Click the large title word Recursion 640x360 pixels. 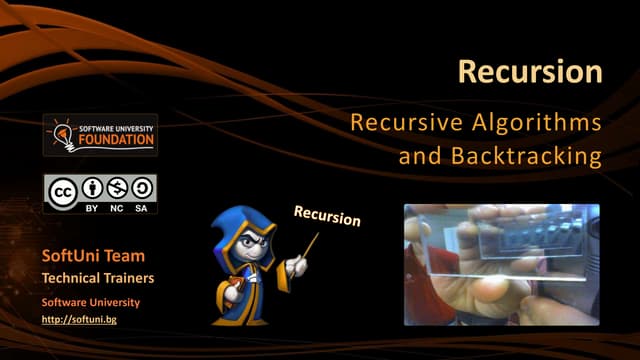tap(530, 72)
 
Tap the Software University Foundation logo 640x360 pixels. tap(100, 135)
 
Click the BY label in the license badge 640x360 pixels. tap(91, 208)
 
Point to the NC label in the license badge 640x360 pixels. tap(117, 208)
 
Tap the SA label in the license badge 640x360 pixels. tap(142, 208)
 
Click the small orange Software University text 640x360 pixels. tap(90, 302)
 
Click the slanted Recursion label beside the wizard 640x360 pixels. tap(326, 216)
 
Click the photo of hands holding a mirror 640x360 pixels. tap(501, 264)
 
